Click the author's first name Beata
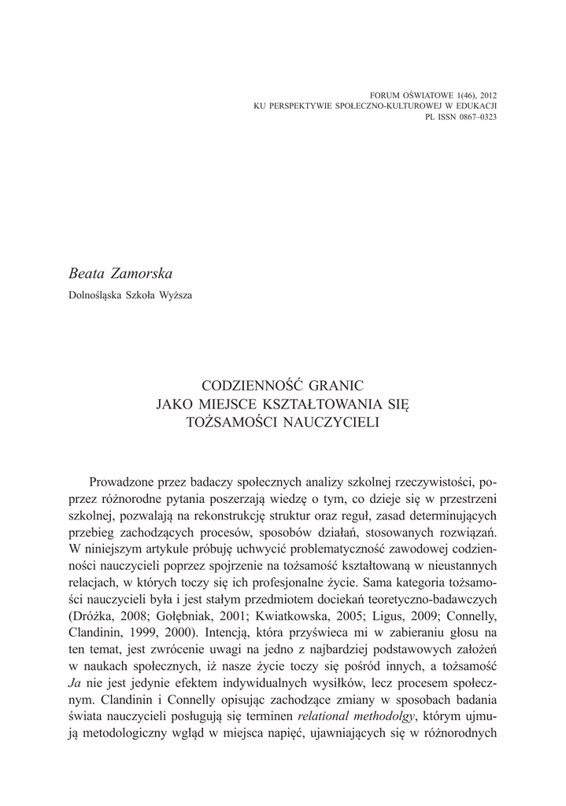88,273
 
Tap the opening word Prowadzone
127,481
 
